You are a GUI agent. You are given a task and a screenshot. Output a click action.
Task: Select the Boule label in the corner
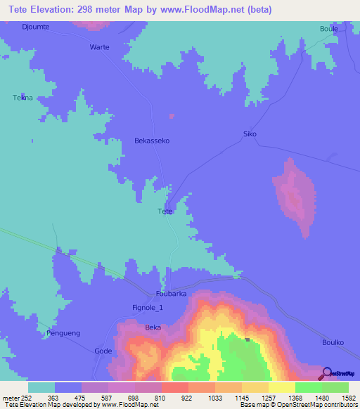329,29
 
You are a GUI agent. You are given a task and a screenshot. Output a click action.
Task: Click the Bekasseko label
152,141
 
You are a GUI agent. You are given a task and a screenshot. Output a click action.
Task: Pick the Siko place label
250,134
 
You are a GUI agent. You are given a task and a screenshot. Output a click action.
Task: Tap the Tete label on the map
165,211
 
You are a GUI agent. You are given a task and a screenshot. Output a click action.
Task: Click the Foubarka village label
171,294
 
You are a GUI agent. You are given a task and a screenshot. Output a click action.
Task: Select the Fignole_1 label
148,307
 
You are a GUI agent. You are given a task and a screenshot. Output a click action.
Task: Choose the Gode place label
103,350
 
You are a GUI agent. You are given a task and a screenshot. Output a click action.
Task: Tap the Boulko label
333,342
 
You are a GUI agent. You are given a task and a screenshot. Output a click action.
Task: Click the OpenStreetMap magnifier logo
324,373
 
